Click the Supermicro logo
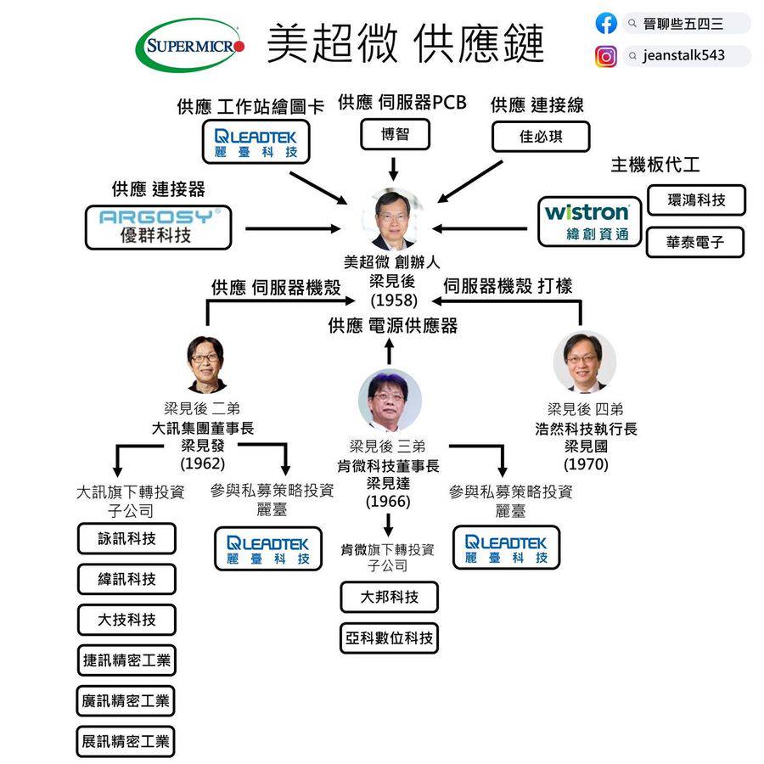point(191,44)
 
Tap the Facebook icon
point(606,24)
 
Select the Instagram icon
point(606,57)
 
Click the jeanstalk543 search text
point(684,57)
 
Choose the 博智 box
point(395,135)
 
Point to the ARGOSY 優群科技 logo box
point(159,227)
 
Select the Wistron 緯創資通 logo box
point(587,222)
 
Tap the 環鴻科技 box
point(696,200)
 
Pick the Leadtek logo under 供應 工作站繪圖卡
point(256,142)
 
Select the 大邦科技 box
point(390,597)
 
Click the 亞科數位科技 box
point(390,638)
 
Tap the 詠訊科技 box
point(127,538)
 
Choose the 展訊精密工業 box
point(126,741)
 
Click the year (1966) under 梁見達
point(388,501)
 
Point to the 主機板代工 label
point(655,165)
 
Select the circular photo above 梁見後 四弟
point(585,362)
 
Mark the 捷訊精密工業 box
point(126,660)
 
